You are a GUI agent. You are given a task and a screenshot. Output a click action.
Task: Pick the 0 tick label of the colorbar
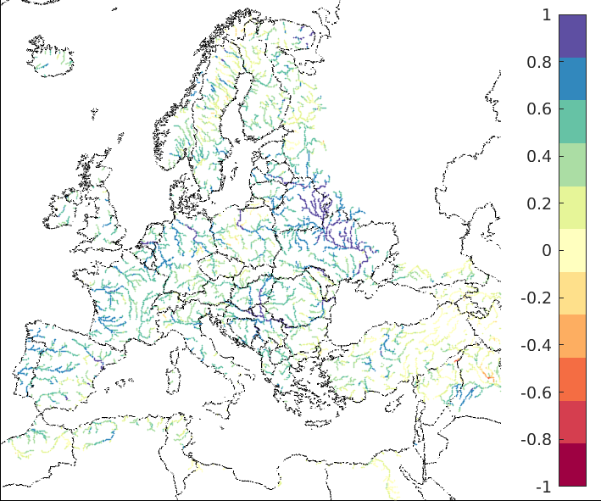(x=546, y=251)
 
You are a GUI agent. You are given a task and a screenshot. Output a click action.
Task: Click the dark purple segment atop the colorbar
(x=572, y=36)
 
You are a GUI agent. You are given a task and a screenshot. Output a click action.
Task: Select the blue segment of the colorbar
(x=572, y=79)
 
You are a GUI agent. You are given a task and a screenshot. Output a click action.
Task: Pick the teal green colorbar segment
(x=572, y=121)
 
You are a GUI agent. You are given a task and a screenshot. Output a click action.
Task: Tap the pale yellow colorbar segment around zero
(x=572, y=251)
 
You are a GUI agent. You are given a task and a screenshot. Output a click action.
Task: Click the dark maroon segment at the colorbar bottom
(x=572, y=465)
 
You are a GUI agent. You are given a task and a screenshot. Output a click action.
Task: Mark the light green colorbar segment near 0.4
(x=572, y=164)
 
